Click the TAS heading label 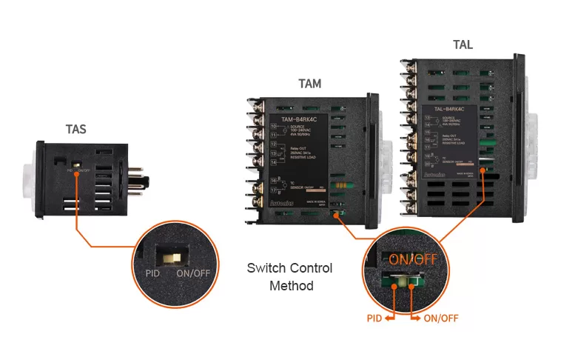click(x=75, y=130)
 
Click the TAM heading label click(x=309, y=84)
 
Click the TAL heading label click(x=463, y=45)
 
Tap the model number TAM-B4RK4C click(x=302, y=119)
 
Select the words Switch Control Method click(x=289, y=276)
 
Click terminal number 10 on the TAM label click(x=274, y=127)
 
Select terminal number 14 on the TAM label click(x=274, y=161)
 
